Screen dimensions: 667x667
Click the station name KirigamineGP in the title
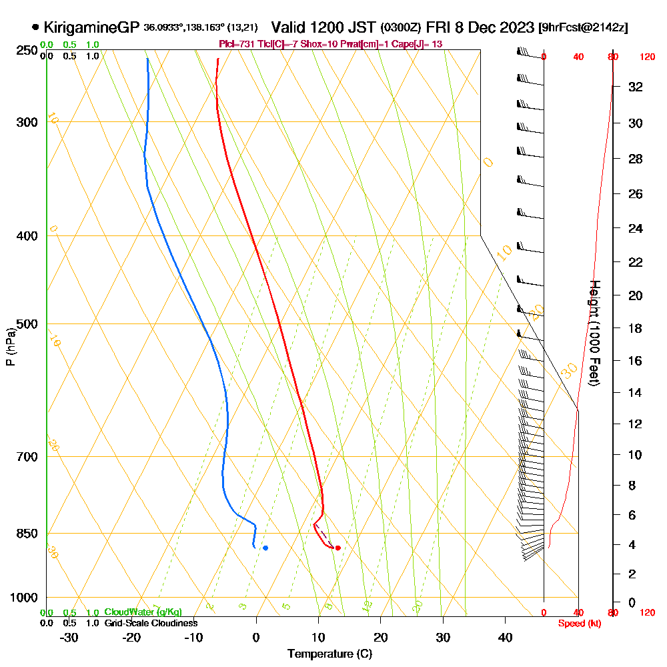click(91, 27)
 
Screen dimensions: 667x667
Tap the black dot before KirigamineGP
click(35, 27)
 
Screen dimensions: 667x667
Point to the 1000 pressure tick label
click(23, 598)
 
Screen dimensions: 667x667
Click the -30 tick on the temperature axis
click(69, 637)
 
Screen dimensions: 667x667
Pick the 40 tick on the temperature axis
click(506, 637)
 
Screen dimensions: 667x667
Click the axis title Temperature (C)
click(329, 654)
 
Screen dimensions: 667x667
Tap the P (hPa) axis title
click(10, 347)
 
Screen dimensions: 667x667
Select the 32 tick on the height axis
click(636, 87)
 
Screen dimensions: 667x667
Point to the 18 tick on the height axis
click(636, 328)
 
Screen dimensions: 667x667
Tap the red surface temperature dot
click(338, 548)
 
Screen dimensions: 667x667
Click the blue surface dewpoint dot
click(265, 548)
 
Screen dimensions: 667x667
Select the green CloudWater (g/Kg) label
click(143, 612)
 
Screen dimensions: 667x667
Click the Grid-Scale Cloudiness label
click(151, 623)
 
